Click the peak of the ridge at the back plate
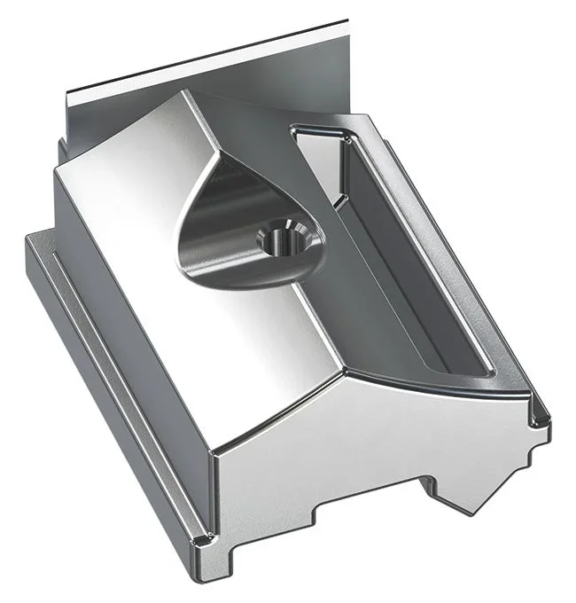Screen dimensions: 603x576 185,92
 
